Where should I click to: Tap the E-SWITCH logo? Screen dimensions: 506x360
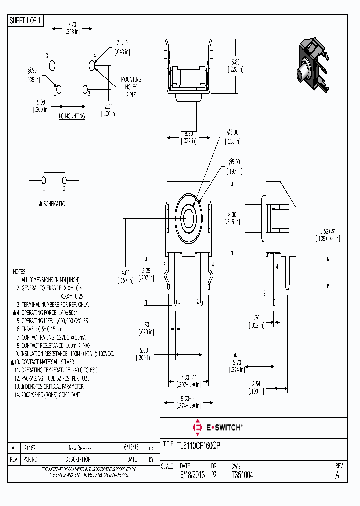coord(217,427)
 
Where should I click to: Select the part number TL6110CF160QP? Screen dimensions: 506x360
coord(199,444)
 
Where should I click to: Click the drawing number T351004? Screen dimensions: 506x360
coord(242,475)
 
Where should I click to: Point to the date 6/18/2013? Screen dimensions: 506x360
coord(191,475)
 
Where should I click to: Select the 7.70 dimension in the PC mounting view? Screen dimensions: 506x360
coord(72,24)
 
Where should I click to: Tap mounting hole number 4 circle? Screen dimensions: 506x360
coord(92,65)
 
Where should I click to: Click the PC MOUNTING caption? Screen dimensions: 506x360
coord(72,116)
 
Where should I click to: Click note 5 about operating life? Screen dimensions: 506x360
coord(54,321)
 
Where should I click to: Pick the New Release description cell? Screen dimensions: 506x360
coord(80,448)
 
